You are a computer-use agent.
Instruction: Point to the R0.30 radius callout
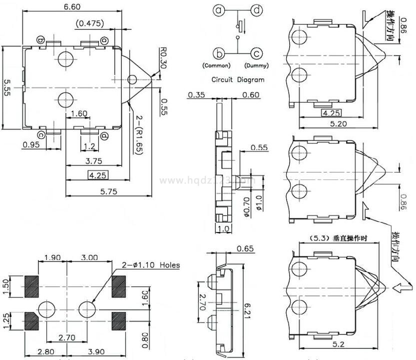click(x=163, y=58)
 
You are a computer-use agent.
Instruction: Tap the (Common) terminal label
click(x=216, y=65)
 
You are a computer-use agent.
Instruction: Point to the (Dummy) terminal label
click(x=256, y=65)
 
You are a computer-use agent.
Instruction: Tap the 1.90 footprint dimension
click(x=52, y=257)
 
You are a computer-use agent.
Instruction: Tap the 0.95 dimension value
click(x=30, y=145)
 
